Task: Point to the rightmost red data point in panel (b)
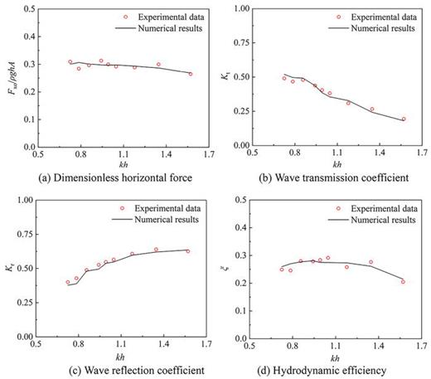click(404, 119)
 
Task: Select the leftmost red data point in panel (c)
click(69, 283)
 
